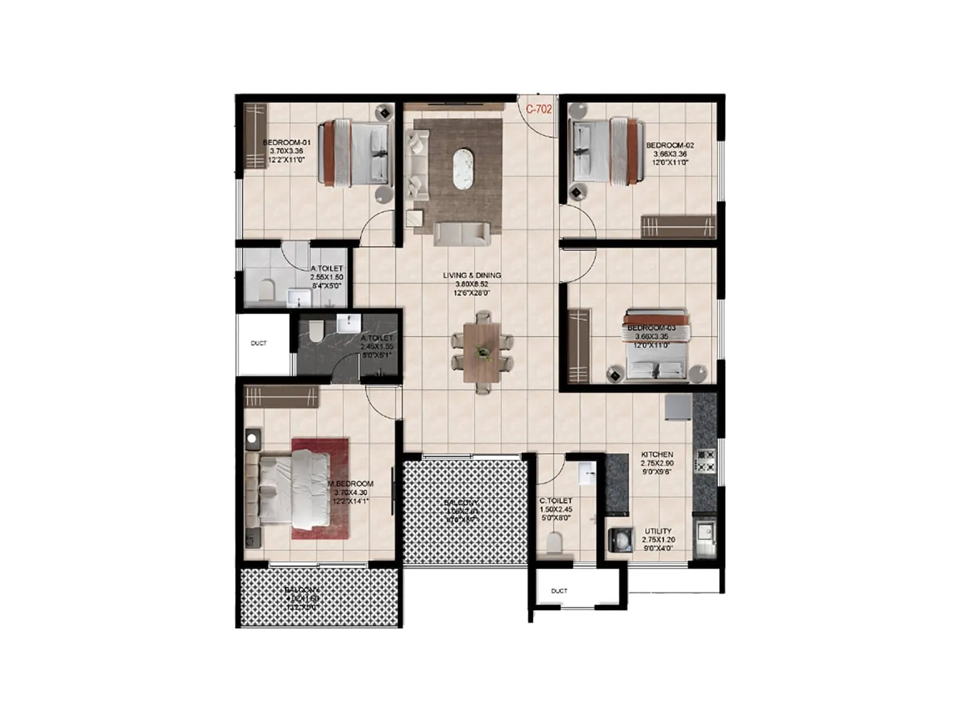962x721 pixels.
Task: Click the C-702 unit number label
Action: [x=539, y=109]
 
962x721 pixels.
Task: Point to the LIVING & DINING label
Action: [x=472, y=276]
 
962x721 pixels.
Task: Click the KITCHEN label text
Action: [x=657, y=455]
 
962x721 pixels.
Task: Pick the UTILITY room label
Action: [x=658, y=532]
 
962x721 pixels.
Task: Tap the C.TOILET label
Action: [x=556, y=500]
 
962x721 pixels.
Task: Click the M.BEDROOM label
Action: [x=351, y=484]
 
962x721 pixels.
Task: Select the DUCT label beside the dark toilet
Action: [x=259, y=344]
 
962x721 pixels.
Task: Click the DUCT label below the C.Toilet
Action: [x=559, y=591]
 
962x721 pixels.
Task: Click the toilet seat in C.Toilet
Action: [x=554, y=543]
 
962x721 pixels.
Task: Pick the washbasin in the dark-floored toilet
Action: [x=347, y=324]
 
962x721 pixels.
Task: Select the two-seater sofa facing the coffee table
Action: [x=461, y=234]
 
